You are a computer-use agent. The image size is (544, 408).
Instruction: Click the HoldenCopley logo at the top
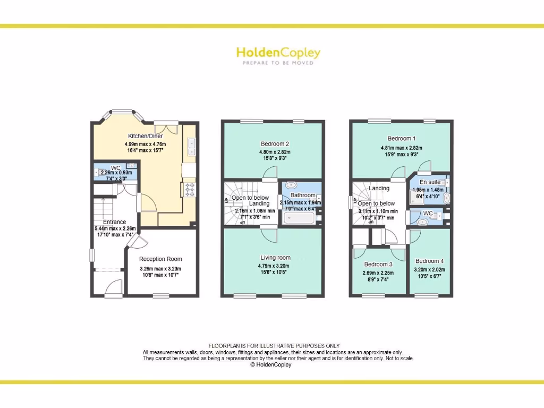(x=278, y=53)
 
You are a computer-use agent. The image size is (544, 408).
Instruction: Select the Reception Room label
(x=160, y=259)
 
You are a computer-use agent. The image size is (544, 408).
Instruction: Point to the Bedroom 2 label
(x=275, y=144)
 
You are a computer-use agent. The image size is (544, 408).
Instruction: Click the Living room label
(x=275, y=258)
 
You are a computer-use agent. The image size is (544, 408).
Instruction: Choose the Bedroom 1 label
(x=401, y=139)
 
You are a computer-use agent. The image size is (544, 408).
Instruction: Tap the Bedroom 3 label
(x=378, y=265)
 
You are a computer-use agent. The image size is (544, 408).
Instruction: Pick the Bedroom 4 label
(x=429, y=261)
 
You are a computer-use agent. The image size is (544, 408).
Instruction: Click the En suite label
(x=430, y=182)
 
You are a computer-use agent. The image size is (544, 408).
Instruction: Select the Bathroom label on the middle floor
(x=303, y=195)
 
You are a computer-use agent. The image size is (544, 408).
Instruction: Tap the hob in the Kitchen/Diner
(x=190, y=189)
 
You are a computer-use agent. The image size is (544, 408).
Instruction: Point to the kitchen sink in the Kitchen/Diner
(x=191, y=147)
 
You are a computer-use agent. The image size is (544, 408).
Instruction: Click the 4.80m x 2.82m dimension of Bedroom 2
(x=275, y=152)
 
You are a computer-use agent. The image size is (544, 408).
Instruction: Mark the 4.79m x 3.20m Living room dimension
(x=275, y=266)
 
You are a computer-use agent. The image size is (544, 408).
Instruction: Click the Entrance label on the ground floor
(x=114, y=222)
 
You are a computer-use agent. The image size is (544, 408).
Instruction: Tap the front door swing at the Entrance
(x=114, y=287)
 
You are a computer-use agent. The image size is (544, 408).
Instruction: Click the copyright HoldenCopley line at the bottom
(x=270, y=364)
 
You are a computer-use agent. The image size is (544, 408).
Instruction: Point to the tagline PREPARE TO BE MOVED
(x=278, y=63)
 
